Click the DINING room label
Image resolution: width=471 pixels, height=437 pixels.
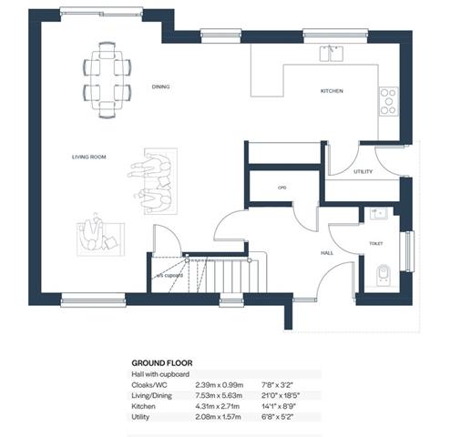[160, 86]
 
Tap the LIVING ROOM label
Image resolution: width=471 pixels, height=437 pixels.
[89, 157]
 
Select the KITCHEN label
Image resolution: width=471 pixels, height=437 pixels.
[332, 91]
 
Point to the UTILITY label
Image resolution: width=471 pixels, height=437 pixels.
[363, 172]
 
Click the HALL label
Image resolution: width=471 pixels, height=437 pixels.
[327, 253]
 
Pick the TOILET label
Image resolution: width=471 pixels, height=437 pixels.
[375, 243]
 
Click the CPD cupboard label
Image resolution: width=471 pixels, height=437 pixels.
[282, 188]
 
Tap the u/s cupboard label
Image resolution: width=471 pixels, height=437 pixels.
[169, 276]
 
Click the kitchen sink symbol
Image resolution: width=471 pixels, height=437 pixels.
[332, 54]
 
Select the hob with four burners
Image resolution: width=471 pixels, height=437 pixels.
[389, 101]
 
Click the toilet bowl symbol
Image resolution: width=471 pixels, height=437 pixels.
[383, 275]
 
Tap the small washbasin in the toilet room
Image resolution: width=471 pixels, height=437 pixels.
[378, 213]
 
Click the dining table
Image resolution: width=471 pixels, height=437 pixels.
[108, 80]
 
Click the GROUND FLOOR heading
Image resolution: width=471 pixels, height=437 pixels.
[162, 363]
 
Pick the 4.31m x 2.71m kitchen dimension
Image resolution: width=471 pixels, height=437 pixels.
[218, 406]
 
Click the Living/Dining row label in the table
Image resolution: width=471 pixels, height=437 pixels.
[151, 396]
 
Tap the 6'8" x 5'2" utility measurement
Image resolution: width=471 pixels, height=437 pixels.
[277, 417]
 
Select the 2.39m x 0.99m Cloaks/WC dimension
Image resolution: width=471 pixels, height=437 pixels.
[220, 385]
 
